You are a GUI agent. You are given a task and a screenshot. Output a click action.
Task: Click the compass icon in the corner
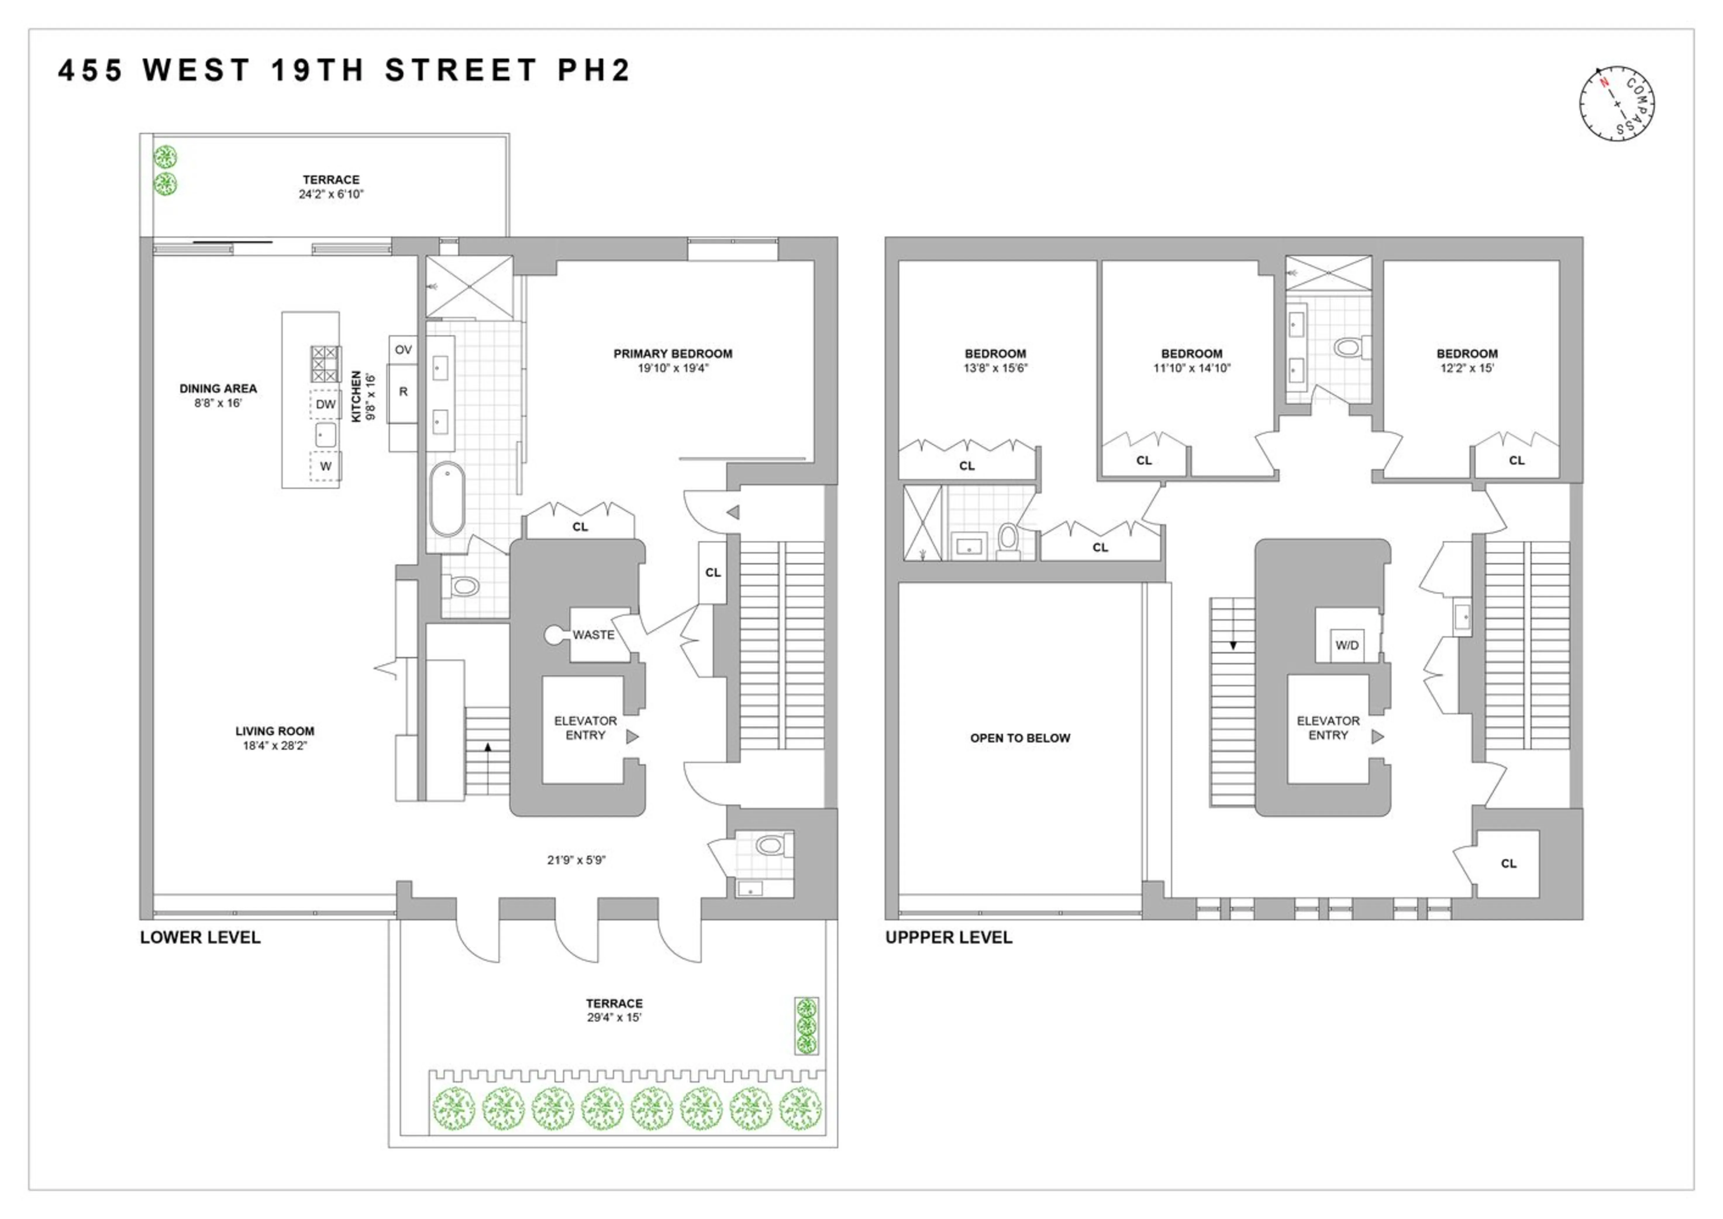point(1617,103)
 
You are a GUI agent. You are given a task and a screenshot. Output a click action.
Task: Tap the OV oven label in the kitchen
point(403,350)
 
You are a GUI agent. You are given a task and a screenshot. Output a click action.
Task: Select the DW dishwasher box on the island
point(325,405)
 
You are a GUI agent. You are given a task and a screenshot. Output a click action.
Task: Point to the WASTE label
point(594,635)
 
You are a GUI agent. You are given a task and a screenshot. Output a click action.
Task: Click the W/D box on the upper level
point(1347,646)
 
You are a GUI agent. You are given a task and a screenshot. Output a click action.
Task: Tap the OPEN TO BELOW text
point(1020,738)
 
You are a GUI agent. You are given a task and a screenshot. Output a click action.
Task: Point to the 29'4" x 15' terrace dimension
point(614,1018)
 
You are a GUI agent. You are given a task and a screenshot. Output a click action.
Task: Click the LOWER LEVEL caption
point(200,938)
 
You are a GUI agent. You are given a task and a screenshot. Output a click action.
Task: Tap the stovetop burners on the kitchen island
point(326,364)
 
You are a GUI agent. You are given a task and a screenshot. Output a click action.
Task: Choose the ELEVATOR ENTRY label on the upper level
point(1328,728)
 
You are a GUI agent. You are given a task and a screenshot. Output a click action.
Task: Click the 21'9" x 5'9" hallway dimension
point(576,860)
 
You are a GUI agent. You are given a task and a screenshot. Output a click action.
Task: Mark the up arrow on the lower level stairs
point(488,747)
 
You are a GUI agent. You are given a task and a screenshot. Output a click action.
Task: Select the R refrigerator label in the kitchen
point(403,392)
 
